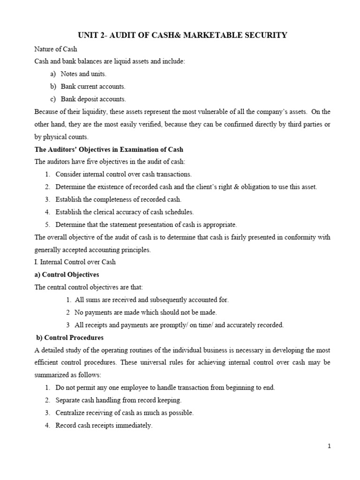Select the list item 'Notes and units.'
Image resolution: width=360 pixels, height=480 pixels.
point(83,74)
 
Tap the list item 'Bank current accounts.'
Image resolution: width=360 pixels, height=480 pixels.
point(93,87)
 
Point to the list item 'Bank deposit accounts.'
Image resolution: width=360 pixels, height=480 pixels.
point(93,99)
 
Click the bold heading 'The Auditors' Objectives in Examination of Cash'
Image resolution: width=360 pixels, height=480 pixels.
point(109,150)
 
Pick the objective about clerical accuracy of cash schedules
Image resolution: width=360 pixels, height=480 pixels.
point(124,212)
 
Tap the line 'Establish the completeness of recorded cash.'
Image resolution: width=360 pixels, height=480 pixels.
point(118,199)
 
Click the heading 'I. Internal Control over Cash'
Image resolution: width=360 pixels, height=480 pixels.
point(75,262)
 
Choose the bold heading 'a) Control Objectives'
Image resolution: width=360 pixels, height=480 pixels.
point(67,274)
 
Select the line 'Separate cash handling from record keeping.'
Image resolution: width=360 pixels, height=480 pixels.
point(118,400)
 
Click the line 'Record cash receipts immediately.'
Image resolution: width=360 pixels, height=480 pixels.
point(104,426)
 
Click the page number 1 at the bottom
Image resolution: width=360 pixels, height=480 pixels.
point(330,446)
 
